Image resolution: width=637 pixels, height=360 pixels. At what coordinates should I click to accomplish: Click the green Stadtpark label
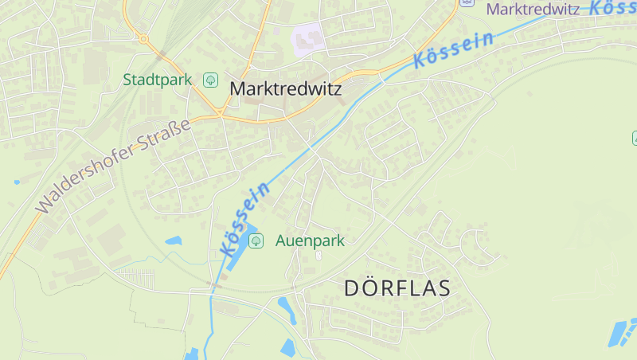point(158,80)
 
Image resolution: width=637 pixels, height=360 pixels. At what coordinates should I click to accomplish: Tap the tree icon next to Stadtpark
point(211,80)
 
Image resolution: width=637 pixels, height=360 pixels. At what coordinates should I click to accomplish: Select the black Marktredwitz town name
point(285,89)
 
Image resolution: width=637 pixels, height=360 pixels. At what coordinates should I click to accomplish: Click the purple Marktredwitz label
point(532,10)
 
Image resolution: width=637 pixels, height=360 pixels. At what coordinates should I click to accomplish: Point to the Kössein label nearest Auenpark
point(244,219)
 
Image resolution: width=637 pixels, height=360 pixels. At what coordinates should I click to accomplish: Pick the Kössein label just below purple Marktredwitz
point(453,49)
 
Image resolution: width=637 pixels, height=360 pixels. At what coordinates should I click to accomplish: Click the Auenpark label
point(310,241)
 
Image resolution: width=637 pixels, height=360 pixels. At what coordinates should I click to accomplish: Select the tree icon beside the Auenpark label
point(256,241)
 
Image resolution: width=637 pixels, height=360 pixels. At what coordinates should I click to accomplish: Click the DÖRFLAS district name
point(397,288)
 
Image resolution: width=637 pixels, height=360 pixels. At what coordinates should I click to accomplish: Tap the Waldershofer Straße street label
point(115,166)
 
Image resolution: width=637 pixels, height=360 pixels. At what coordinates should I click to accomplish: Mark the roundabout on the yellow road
point(143,38)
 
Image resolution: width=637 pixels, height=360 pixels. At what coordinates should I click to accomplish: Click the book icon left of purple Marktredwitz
point(467,2)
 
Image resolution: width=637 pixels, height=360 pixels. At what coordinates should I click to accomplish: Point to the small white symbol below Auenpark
point(318,256)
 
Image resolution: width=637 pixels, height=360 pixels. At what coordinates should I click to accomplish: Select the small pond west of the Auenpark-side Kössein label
point(173,240)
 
